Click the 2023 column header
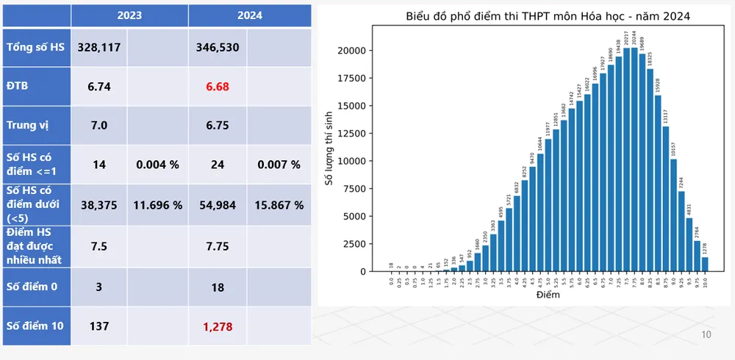pyautogui.click(x=129, y=15)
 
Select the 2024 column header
pyautogui.click(x=250, y=15)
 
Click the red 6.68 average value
pyautogui.click(x=218, y=87)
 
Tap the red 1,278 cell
pyautogui.click(x=218, y=325)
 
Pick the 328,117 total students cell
pyautogui.click(x=99, y=48)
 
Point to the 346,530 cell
pyautogui.click(x=218, y=48)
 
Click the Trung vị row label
pyautogui.click(x=27, y=126)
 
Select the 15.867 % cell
pyautogui.click(x=279, y=205)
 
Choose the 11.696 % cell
pyautogui.click(x=158, y=205)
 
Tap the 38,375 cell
pyautogui.click(x=99, y=205)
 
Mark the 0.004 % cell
pyautogui.click(x=158, y=165)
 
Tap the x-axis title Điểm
pyautogui.click(x=548, y=295)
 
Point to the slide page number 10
pyautogui.click(x=706, y=335)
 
